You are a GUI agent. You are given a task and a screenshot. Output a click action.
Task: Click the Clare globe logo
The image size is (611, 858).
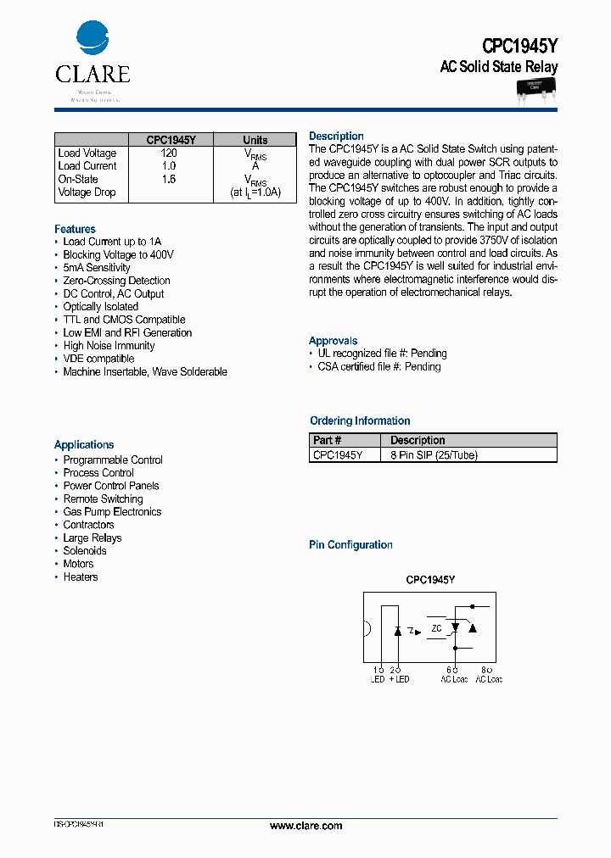click(92, 39)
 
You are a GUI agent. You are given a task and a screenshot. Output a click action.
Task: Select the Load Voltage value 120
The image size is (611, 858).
click(169, 153)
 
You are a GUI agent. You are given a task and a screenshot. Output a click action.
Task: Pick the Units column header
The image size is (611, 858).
click(255, 140)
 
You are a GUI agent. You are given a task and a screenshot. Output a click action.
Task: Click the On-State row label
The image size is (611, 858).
click(78, 179)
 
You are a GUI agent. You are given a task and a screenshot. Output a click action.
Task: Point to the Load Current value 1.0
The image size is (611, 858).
click(169, 166)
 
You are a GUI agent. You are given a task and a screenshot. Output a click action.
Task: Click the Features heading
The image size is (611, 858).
click(75, 229)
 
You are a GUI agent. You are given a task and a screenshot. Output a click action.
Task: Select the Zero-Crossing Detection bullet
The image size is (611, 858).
click(116, 281)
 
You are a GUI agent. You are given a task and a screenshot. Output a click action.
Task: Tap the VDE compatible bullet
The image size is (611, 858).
click(98, 359)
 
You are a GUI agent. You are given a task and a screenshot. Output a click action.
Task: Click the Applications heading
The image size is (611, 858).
click(84, 444)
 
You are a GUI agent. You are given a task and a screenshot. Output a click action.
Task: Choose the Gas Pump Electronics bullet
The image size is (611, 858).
click(112, 512)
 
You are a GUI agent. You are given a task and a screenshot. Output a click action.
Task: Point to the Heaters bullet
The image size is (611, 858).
click(81, 577)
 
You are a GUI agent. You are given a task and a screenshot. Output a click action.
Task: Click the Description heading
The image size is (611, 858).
click(336, 136)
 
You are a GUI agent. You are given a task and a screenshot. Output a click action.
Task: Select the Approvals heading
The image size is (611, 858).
click(333, 341)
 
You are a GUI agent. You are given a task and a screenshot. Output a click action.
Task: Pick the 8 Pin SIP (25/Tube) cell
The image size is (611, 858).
click(434, 455)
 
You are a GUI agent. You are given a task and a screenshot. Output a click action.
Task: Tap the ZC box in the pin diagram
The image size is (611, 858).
click(436, 628)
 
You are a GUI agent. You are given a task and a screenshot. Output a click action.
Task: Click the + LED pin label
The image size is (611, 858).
click(399, 679)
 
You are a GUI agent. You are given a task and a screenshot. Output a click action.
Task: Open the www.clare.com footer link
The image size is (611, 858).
click(305, 826)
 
